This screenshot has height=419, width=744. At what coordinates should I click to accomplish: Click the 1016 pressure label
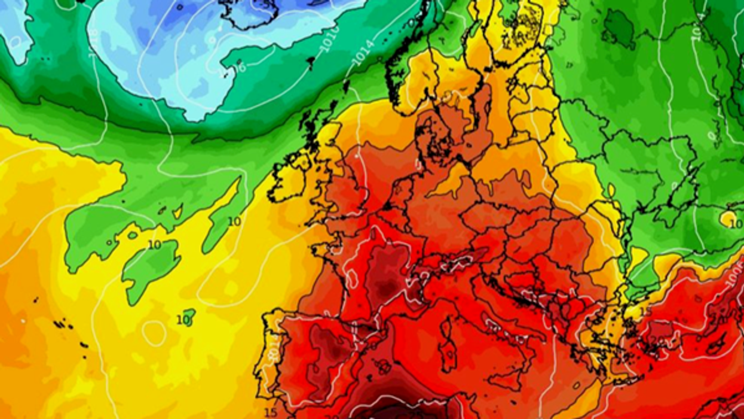(330, 37)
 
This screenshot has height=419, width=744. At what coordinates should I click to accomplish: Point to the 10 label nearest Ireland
(234, 221)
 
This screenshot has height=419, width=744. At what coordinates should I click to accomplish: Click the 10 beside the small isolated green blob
(182, 320)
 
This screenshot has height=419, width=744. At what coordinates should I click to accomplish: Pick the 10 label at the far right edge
(735, 222)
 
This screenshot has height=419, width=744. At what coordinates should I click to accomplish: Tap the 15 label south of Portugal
(270, 412)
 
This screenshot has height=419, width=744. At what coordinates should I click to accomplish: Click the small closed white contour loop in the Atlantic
(154, 333)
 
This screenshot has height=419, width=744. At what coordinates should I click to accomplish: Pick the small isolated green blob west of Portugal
(189, 314)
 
